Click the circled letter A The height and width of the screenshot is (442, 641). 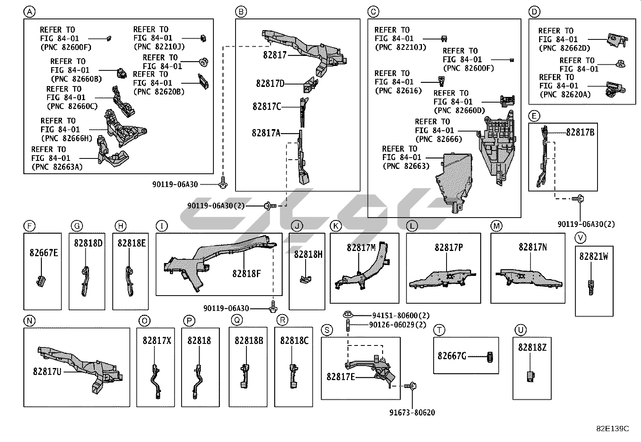pos(29,12)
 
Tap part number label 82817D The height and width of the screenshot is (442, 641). pos(270,84)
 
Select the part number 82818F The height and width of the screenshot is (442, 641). pos(246,274)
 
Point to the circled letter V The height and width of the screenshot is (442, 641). pos(580,238)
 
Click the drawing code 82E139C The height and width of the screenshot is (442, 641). pos(612,429)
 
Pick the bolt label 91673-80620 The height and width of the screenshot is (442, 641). pos(412,413)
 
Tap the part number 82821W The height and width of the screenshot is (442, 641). pos(593,256)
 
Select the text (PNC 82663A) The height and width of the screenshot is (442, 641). pos(57,167)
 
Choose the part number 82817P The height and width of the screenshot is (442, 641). pos(449,248)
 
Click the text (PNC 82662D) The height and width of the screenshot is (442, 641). pos(564,48)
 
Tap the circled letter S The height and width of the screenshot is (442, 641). pos(327,330)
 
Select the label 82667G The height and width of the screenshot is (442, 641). pos(452,356)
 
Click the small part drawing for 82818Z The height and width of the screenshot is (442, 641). pos(531,377)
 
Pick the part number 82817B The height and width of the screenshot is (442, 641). pos(580,132)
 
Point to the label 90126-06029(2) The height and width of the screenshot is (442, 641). pos(397,325)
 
